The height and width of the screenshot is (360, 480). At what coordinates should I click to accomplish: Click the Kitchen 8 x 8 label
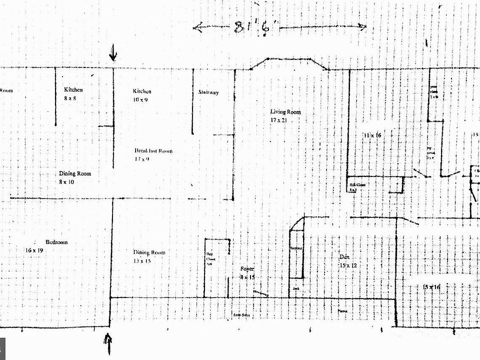coord(73,94)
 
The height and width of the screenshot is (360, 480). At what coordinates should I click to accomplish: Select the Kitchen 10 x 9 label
coord(141,95)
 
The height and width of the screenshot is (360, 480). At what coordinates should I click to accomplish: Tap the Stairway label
coord(208,92)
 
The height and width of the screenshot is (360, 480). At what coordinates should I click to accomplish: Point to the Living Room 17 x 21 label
coord(285,116)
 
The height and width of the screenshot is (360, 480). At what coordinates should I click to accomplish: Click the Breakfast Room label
coord(153,155)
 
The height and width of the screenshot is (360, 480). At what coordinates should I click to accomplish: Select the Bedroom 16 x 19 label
coord(48,246)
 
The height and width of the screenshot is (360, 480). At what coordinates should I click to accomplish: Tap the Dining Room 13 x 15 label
coord(148,256)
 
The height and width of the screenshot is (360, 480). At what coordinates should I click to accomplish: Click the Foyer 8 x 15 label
coord(247,272)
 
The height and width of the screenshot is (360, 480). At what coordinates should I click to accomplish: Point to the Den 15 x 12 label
coord(347,261)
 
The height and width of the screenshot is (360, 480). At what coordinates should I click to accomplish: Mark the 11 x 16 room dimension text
coord(372,135)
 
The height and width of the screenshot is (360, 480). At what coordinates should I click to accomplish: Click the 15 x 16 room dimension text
coord(431,286)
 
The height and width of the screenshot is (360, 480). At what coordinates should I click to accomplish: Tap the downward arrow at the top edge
coord(113,52)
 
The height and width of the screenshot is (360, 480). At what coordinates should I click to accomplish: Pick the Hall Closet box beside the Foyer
coord(216,267)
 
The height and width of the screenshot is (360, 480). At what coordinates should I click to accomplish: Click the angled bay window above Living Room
coord(288,62)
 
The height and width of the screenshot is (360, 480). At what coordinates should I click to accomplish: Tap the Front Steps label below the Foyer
coord(242,315)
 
